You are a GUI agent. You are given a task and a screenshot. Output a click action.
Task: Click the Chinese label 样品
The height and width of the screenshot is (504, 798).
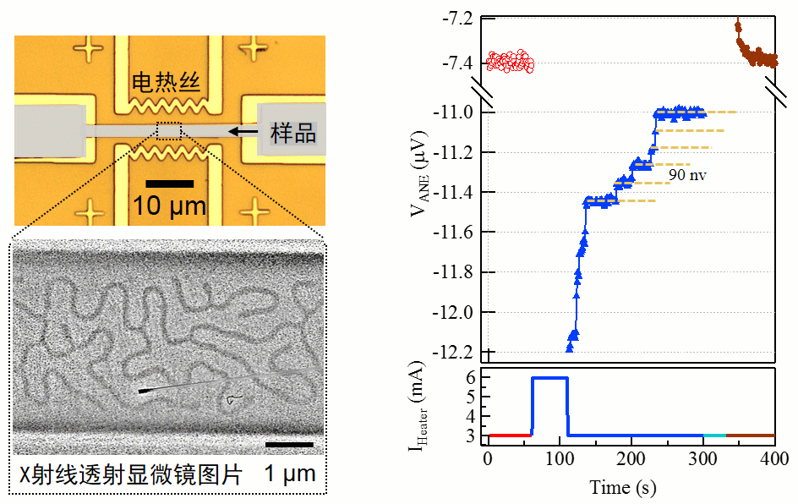pos(292,132)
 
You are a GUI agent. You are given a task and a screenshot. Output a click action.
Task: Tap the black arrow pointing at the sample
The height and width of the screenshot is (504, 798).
pos(246,131)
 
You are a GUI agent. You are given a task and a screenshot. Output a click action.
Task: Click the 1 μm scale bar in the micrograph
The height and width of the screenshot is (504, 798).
pos(289,444)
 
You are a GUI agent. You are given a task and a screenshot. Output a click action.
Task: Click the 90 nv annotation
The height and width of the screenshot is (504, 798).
pos(687,175)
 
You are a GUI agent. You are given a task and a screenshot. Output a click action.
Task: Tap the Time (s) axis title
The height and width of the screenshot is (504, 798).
pos(622,487)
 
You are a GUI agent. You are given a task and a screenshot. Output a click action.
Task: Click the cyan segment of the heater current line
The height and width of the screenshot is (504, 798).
pos(714,436)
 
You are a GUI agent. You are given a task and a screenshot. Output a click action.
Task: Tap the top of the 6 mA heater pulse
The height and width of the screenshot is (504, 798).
pos(549,378)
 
